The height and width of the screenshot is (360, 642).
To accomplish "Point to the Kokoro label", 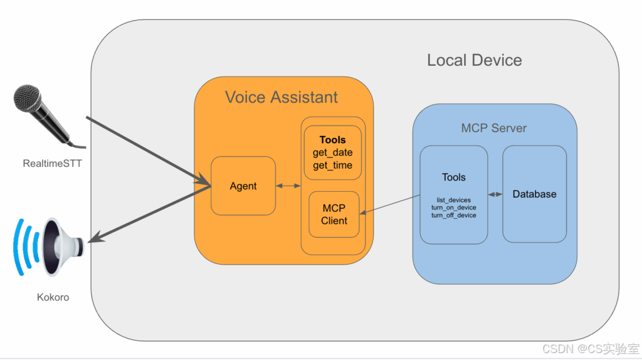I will [x=53, y=297].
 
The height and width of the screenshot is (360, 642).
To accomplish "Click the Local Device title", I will [x=474, y=60].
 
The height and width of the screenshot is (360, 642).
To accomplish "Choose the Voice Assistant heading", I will [x=282, y=97].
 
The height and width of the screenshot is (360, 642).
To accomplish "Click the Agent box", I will [x=243, y=186].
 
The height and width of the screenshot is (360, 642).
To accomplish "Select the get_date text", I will [x=332, y=152].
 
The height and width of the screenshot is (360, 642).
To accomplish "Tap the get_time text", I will [x=332, y=165].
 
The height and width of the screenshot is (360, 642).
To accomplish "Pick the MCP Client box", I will [x=334, y=214].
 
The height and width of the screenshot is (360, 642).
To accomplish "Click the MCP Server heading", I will [x=494, y=128].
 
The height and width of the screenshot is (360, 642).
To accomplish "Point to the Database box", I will [x=534, y=194].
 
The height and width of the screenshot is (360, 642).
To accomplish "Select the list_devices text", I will [x=453, y=200].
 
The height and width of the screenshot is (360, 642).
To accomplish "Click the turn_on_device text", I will [x=453, y=208].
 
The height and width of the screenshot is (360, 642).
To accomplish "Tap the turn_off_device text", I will [x=453, y=215].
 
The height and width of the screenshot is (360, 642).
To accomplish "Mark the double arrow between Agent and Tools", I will [x=288, y=186].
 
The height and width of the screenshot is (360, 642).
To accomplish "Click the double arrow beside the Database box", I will [x=495, y=194].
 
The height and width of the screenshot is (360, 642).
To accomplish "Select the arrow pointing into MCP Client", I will [x=389, y=206].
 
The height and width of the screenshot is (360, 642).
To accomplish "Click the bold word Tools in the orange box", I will [x=332, y=140].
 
